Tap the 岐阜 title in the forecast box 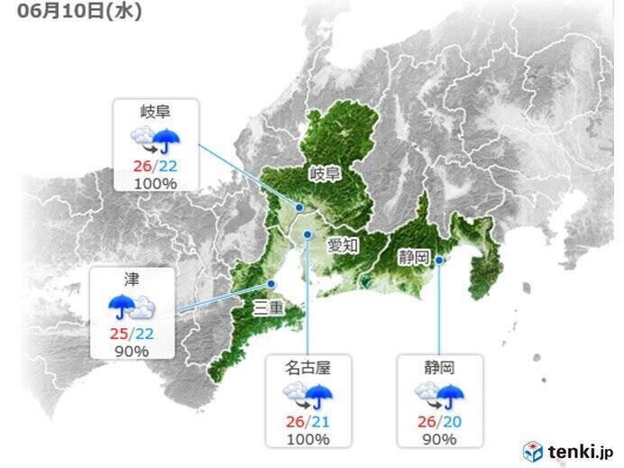pos(155,112)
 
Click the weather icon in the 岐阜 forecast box pos(155,139)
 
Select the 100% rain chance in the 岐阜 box pos(155,183)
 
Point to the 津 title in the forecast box pos(132,278)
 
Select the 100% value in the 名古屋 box pos(307,439)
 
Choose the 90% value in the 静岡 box pos(439,439)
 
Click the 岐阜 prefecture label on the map pos(325,173)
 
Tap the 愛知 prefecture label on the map pos(344,243)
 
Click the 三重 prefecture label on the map pos(268,312)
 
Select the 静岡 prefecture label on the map pos(415,256)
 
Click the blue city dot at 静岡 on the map pos(439,261)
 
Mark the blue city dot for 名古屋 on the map pos(307,234)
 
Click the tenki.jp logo pos(568,450)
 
